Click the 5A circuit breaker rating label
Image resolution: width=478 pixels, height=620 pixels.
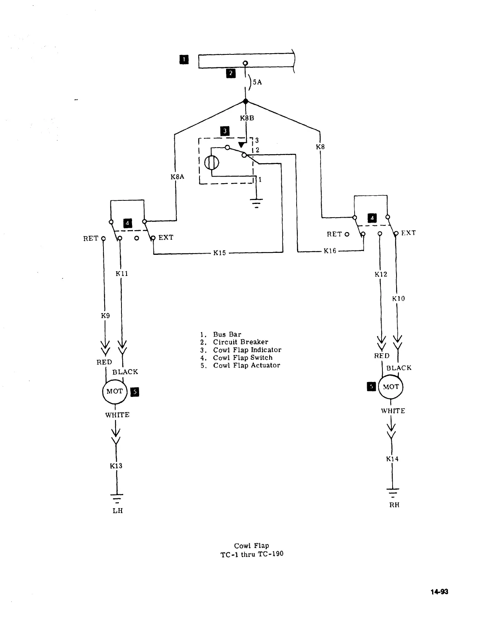(257, 82)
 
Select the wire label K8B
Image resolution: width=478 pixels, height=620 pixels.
(247, 118)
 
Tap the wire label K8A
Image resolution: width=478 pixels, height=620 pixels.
(177, 177)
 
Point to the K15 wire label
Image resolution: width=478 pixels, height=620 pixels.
(219, 253)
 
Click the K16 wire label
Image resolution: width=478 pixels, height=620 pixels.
(330, 251)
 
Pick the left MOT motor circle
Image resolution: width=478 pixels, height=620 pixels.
(115, 391)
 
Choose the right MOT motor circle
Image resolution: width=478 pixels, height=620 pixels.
(391, 387)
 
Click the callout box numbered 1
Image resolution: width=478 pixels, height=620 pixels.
(183, 59)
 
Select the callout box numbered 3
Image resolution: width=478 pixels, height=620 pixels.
(225, 131)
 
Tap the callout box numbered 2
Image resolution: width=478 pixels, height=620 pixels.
(231, 73)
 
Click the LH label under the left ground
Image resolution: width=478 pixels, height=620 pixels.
(118, 511)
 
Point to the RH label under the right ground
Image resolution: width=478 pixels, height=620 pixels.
(394, 505)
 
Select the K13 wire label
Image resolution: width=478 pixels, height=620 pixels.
(116, 466)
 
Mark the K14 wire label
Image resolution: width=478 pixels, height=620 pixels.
(392, 459)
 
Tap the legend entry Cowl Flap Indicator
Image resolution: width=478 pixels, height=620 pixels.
(247, 350)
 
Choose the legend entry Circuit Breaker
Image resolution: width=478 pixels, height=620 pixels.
(241, 342)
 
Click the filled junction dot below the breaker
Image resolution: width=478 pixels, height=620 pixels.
(246, 102)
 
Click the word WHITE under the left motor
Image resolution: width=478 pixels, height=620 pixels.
(117, 415)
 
